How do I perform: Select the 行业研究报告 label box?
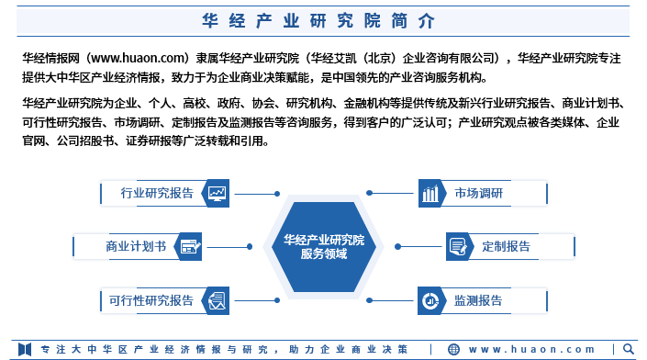point(157,193)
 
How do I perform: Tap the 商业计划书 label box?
point(136,246)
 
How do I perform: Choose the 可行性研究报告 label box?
point(151,300)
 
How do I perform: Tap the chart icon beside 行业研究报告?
point(218,193)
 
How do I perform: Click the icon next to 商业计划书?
point(190,246)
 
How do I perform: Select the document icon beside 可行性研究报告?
point(218,300)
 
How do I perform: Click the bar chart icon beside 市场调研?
point(430,193)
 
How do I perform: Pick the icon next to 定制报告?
point(458,246)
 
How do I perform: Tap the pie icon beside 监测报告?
point(430,300)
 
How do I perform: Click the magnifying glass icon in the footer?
point(629,350)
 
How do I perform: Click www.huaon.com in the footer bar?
point(532,350)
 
